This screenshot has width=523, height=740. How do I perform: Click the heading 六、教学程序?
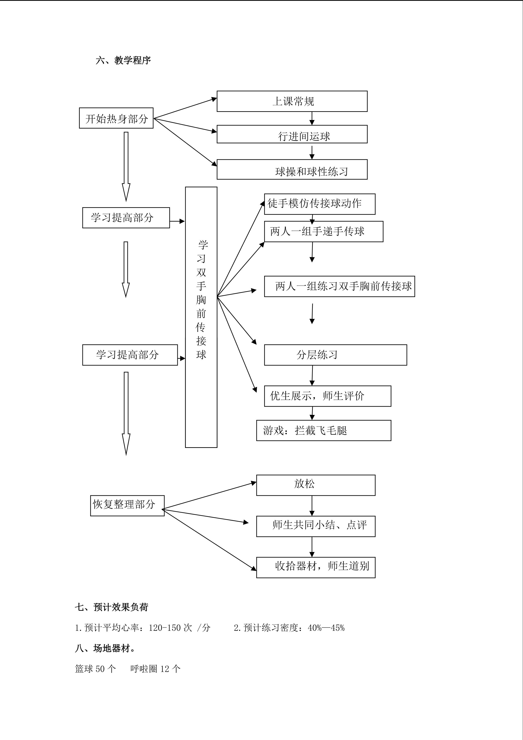click(123, 60)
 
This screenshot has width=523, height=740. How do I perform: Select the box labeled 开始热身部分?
click(116, 118)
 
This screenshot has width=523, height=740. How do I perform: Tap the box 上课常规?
click(292, 101)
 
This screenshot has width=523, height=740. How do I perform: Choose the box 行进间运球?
click(292, 134)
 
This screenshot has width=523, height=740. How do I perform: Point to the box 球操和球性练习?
click(292, 169)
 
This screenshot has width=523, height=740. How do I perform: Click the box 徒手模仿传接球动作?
click(320, 204)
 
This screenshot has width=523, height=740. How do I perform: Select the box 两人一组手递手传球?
click(324, 231)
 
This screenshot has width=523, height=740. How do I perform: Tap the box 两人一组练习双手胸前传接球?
click(339, 286)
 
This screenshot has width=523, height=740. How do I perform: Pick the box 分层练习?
click(336, 355)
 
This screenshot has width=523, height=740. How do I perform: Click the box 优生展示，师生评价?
click(328, 396)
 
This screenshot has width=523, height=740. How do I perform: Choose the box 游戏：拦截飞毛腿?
click(324, 430)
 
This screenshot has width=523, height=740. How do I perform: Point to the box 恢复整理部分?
click(127, 506)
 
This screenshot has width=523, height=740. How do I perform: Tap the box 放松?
click(316, 485)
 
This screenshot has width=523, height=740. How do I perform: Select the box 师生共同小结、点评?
click(316, 526)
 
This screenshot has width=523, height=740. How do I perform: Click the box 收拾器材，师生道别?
click(316, 567)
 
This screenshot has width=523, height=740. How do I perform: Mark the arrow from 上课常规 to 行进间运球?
click(312, 118)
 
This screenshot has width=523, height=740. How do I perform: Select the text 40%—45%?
click(326, 628)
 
